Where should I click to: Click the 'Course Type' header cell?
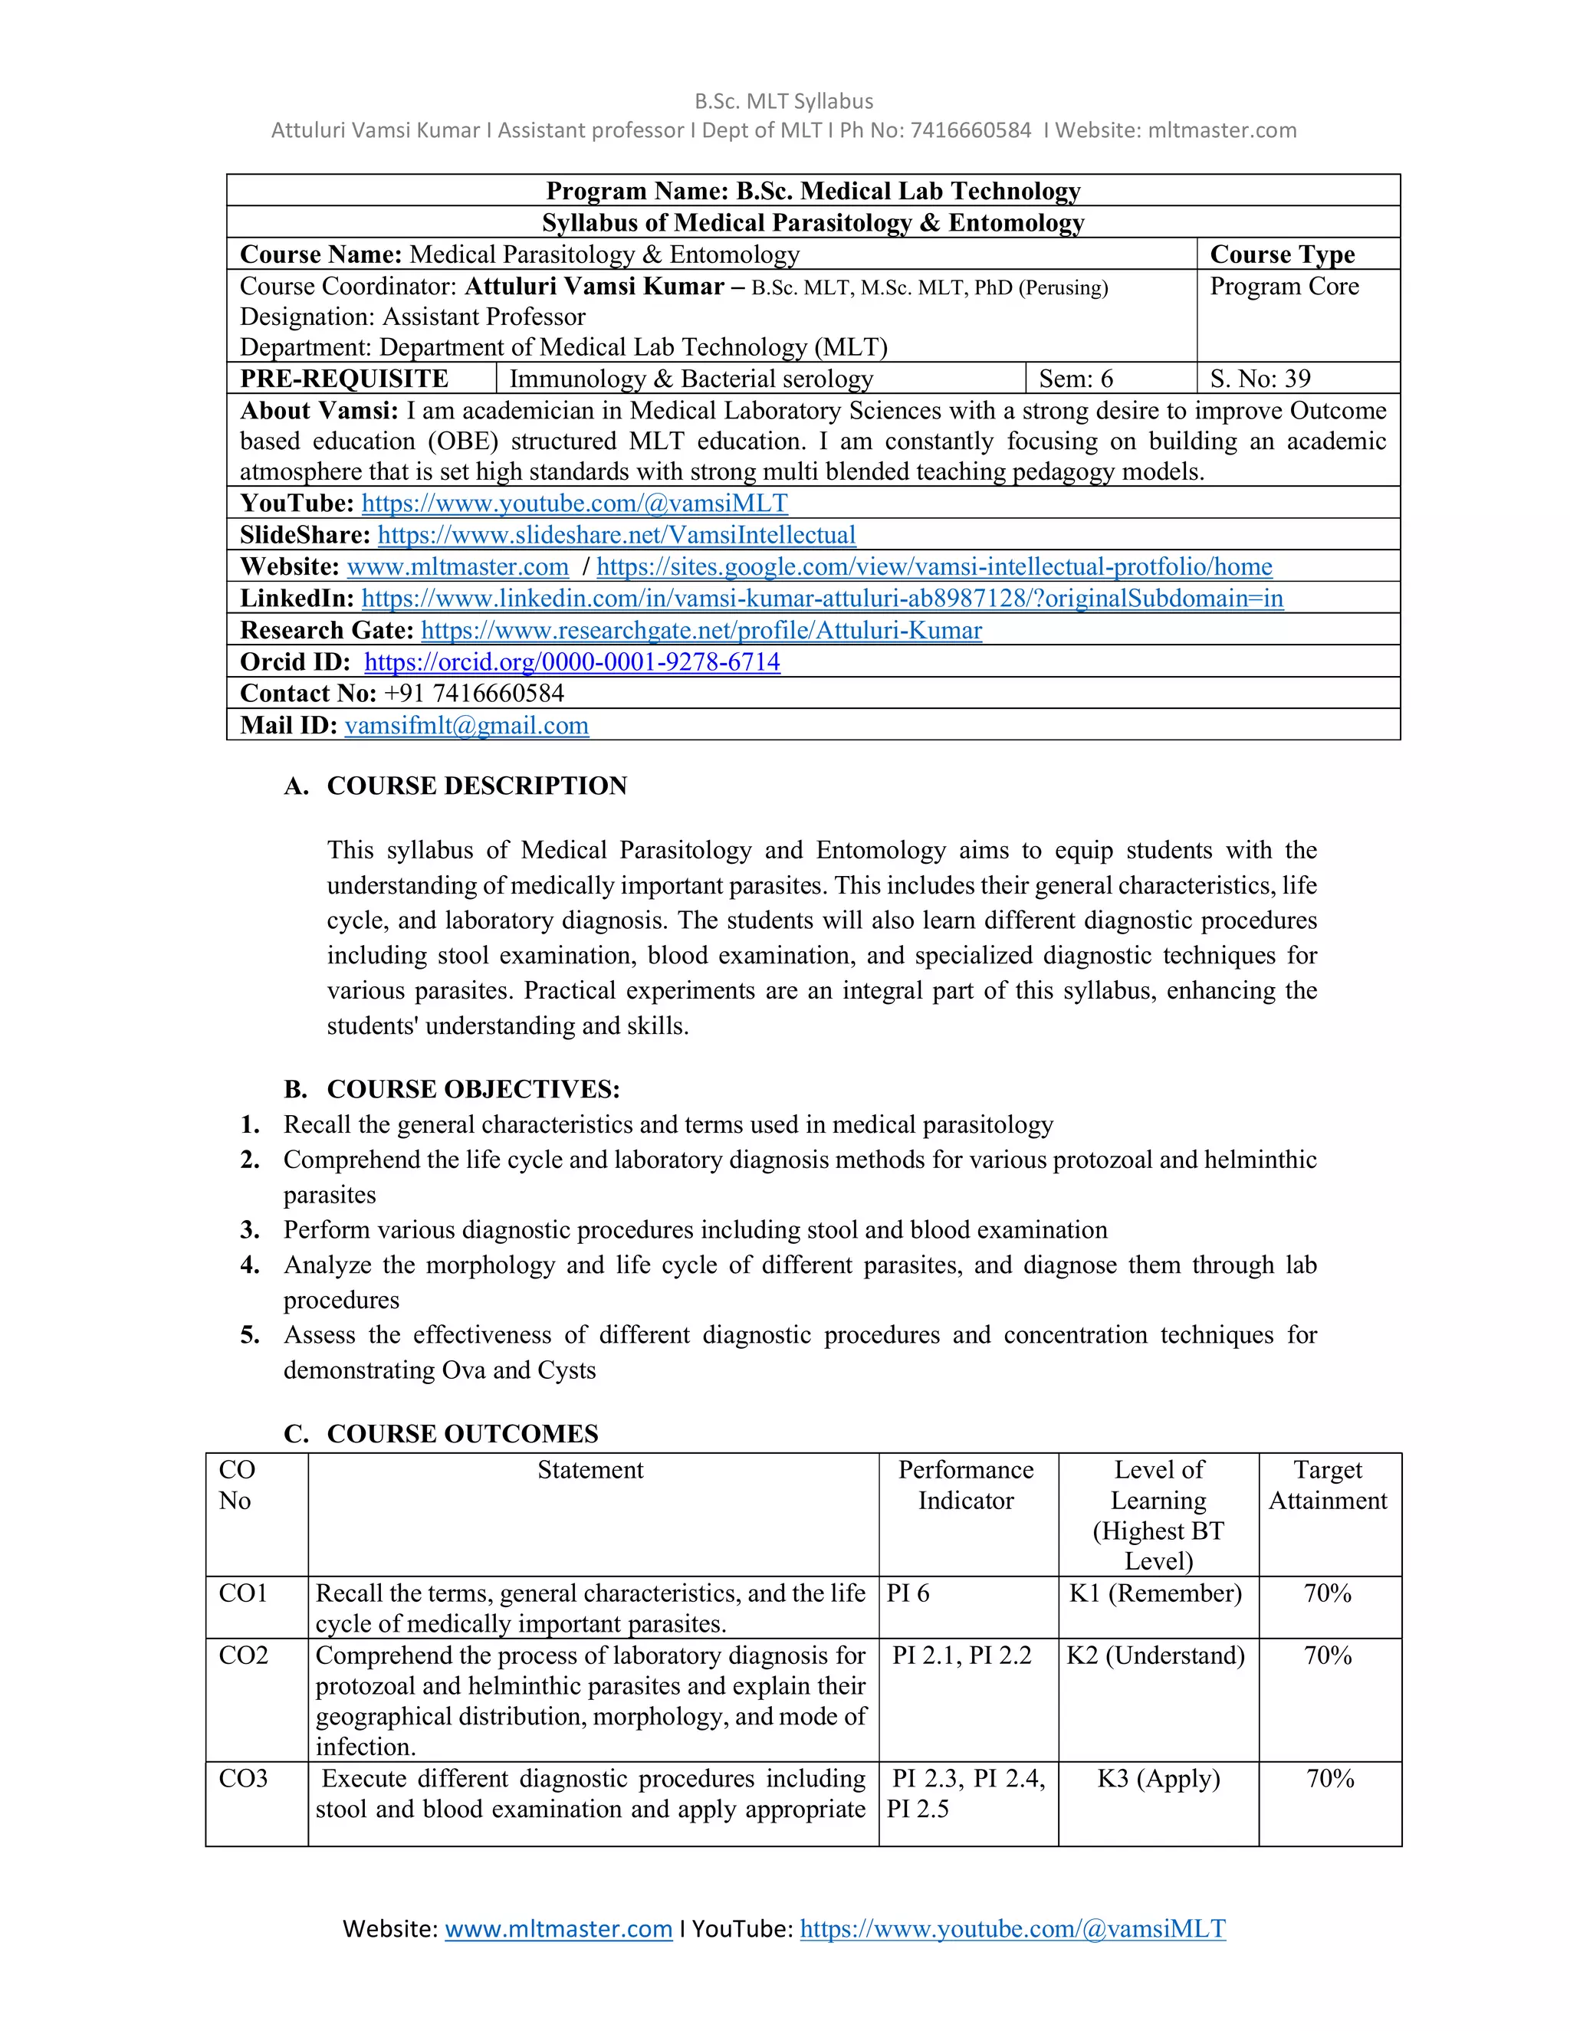coord(1282,254)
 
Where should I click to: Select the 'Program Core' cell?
coord(1283,287)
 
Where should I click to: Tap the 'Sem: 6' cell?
coord(1076,379)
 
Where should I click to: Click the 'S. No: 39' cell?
coord(1260,379)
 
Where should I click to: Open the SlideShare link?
coord(616,535)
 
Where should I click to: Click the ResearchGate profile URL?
coord(701,631)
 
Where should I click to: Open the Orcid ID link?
coord(572,662)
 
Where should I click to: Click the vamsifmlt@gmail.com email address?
coord(466,725)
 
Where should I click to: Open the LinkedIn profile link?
coord(823,598)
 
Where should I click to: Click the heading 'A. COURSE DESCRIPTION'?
coord(456,786)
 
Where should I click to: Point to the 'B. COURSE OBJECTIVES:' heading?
coord(452,1089)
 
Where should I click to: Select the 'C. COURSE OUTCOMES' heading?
coord(442,1433)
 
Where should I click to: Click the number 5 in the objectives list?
coord(249,1335)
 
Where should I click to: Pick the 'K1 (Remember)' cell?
coord(1155,1593)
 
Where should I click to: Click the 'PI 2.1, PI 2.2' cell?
coord(962,1655)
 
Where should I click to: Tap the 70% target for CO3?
coord(1329,1778)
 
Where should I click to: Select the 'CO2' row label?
coord(244,1655)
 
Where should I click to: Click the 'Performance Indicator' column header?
coord(965,1485)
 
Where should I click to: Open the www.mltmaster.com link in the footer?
coord(558,1929)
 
